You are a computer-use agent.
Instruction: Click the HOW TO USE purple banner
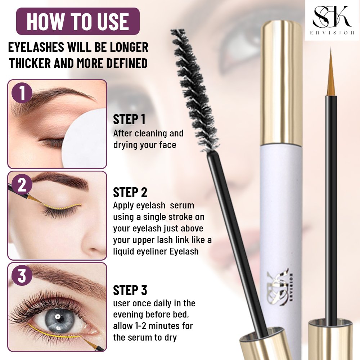[x=78, y=21]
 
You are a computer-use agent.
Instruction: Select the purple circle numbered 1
[x=22, y=93]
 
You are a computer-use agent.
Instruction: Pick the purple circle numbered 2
[x=22, y=185]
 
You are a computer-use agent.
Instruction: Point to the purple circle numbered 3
[x=22, y=276]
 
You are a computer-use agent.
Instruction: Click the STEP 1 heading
[x=129, y=120]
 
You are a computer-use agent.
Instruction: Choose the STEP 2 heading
[x=130, y=193]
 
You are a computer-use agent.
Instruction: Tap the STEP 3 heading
[x=130, y=290]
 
